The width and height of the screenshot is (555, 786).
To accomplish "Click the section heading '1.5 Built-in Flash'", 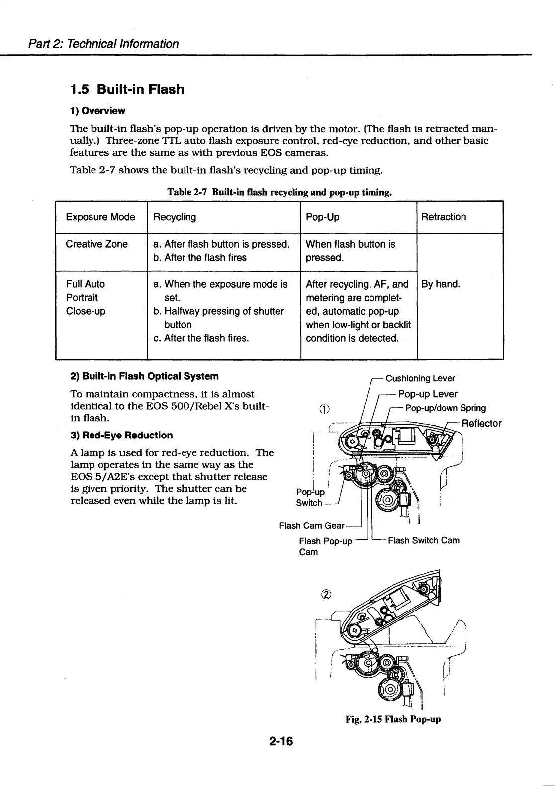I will [127, 89].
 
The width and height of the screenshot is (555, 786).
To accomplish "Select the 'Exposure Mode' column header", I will [100, 217].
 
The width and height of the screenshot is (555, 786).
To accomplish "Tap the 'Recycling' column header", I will [175, 217].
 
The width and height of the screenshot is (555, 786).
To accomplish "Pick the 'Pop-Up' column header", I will [322, 217].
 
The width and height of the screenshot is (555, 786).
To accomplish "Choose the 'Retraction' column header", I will [444, 217].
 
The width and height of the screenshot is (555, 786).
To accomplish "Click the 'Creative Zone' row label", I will [97, 244].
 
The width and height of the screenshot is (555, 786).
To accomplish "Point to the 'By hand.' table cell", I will [441, 284].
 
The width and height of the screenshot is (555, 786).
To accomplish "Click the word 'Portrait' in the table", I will [82, 298].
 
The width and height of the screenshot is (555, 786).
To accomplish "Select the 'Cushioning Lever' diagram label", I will [420, 378].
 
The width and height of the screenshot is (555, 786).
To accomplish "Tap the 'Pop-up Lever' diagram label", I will [428, 394].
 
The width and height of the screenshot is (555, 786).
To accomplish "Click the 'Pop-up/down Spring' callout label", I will [446, 408].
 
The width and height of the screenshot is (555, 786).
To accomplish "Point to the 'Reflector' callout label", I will [481, 423].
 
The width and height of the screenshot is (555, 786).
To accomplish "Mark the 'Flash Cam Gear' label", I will [312, 525].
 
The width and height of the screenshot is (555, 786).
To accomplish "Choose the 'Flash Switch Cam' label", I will [423, 540].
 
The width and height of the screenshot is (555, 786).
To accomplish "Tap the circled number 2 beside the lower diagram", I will [326, 594].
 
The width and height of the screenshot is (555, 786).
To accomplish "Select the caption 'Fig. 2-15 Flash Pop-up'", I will [393, 719].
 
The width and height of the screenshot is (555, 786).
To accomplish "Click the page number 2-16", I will [281, 742].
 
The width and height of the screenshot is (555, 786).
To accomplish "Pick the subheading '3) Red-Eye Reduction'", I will [122, 435].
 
